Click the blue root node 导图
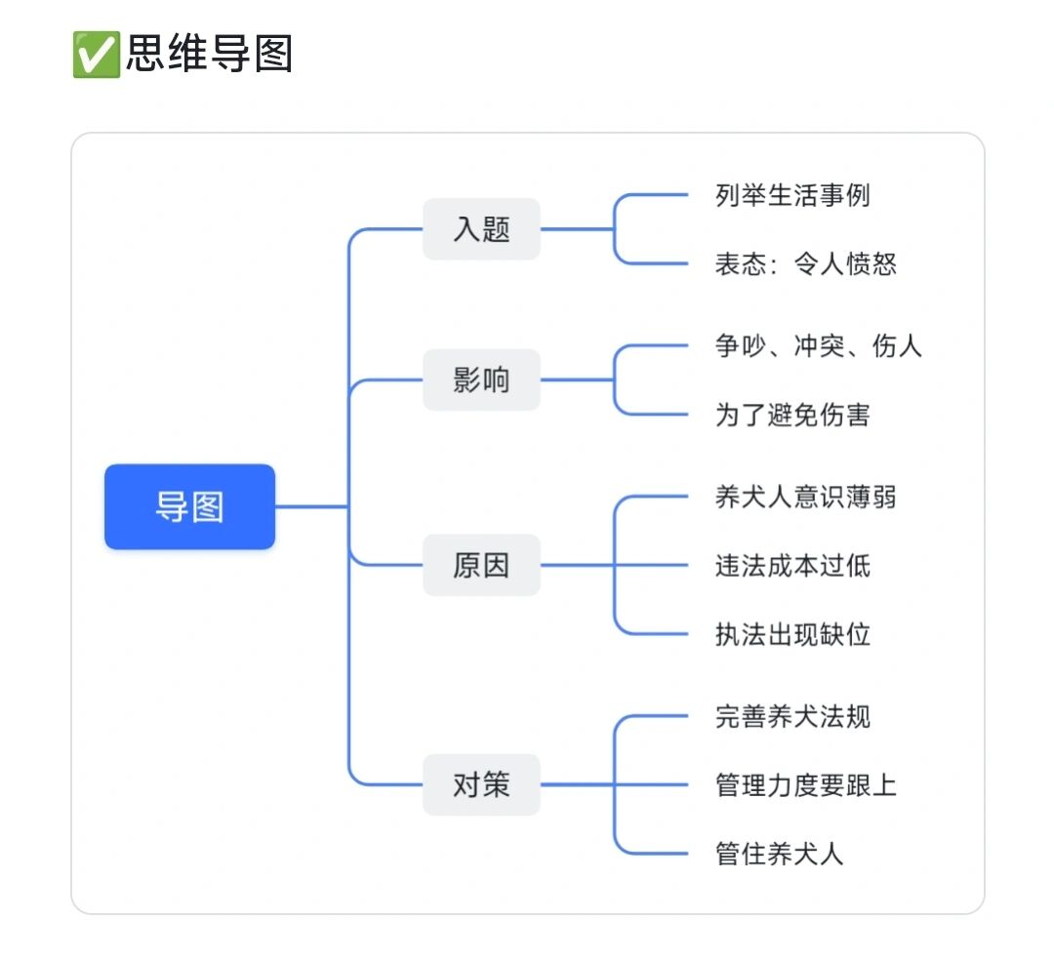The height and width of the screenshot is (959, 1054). click(x=189, y=506)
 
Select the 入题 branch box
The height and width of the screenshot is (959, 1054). click(x=481, y=229)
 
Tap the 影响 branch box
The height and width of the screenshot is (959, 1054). click(x=481, y=380)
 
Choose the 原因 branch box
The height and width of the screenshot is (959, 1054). click(x=481, y=565)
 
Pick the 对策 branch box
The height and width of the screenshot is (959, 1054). click(x=481, y=784)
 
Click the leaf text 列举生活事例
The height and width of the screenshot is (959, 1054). click(x=791, y=195)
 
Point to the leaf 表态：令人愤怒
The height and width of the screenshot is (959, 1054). click(x=805, y=264)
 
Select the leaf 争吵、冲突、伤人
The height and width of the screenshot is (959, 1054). click(x=818, y=345)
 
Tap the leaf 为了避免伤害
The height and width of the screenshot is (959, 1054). click(x=791, y=415)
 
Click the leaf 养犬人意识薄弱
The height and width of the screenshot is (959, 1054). click(x=805, y=497)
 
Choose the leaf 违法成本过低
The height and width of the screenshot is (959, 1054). click(x=791, y=566)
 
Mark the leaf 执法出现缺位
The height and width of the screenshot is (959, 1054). click(x=791, y=635)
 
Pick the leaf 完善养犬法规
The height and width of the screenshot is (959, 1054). click(x=791, y=716)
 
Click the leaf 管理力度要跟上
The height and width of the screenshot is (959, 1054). click(x=805, y=785)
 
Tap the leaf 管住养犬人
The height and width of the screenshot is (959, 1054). click(x=779, y=855)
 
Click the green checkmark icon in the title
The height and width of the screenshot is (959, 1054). click(x=96, y=54)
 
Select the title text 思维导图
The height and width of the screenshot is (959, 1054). click(x=209, y=54)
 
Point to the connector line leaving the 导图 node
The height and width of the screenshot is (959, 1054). click(x=310, y=506)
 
